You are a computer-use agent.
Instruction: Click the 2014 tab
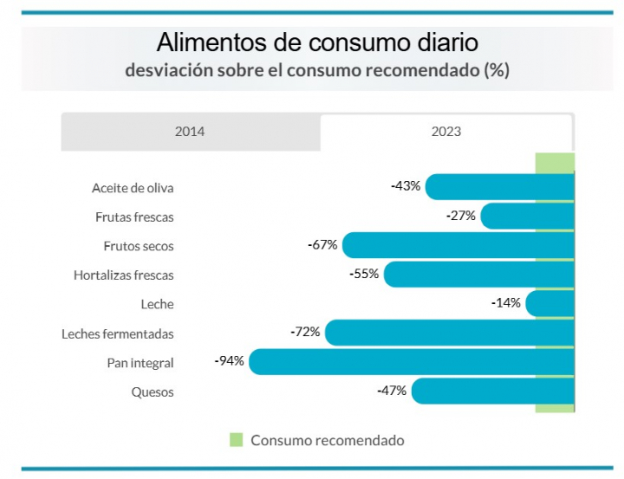pyautogui.click(x=190, y=133)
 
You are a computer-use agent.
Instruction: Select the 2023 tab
pyautogui.click(x=446, y=133)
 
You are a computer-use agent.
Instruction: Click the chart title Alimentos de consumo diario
pyautogui.click(x=317, y=42)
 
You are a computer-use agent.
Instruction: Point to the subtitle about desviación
pyautogui.click(x=317, y=70)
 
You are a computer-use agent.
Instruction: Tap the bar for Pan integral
pyautogui.click(x=412, y=362)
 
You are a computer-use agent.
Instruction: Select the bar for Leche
pyautogui.click(x=549, y=303)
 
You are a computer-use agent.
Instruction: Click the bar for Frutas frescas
pyautogui.click(x=527, y=216)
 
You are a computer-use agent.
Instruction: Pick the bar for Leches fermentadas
pyautogui.click(x=449, y=333)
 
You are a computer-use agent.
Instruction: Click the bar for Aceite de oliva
pyautogui.click(x=499, y=186)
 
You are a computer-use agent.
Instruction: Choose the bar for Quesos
pyautogui.click(x=492, y=391)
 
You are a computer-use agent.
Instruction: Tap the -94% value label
pyautogui.click(x=229, y=360)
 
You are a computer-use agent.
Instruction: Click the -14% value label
pyautogui.click(x=505, y=302)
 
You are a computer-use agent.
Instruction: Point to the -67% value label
pyautogui.click(x=322, y=244)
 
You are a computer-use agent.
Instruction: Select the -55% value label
pyautogui.click(x=364, y=274)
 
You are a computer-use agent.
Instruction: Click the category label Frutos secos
pyautogui.click(x=139, y=246)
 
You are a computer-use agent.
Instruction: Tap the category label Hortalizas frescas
pyautogui.click(x=124, y=275)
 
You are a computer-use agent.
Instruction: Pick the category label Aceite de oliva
pyautogui.click(x=133, y=187)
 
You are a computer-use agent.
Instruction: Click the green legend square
pyautogui.click(x=237, y=440)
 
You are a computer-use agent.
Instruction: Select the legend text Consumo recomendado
pyautogui.click(x=327, y=440)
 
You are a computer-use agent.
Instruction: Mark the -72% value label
pyautogui.click(x=305, y=332)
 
